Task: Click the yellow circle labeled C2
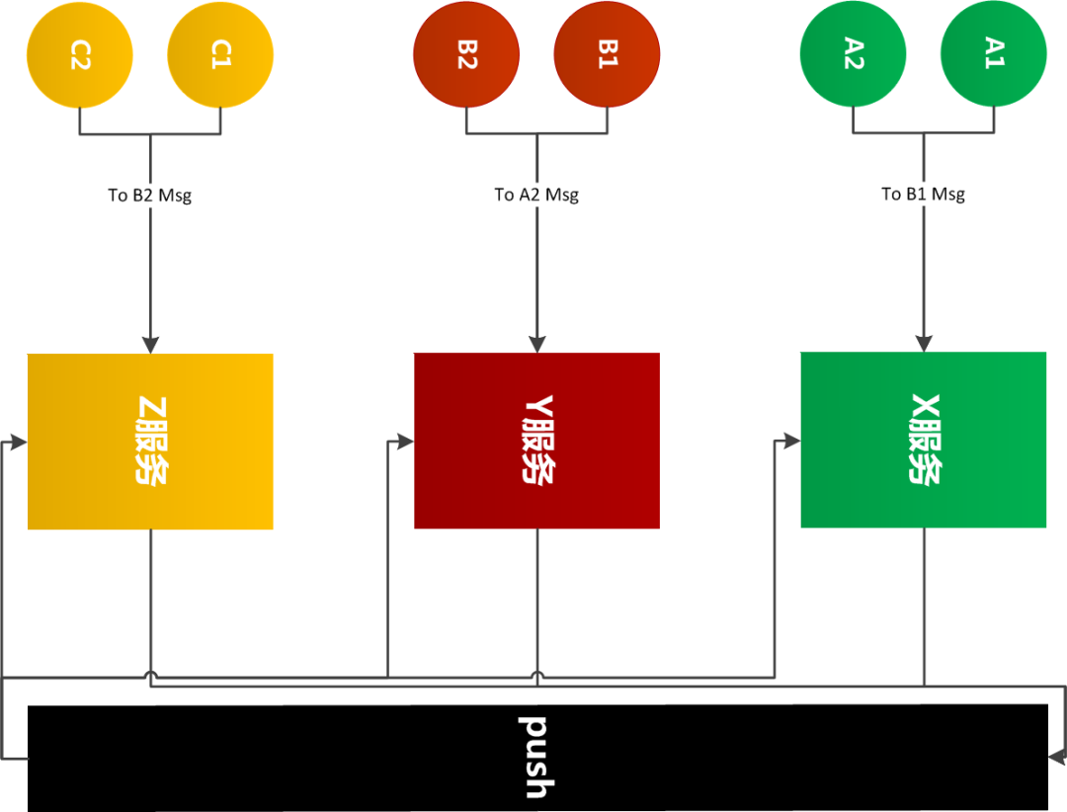pyautogui.click(x=80, y=55)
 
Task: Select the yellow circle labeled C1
pyautogui.click(x=220, y=55)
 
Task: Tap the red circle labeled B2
pyautogui.click(x=466, y=54)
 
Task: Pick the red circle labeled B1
pyautogui.click(x=607, y=54)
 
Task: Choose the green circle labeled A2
pyautogui.click(x=853, y=53)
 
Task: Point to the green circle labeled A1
pyautogui.click(x=994, y=53)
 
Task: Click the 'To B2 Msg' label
pyautogui.click(x=150, y=196)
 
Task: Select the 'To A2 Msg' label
pyautogui.click(x=536, y=195)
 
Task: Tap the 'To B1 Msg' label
pyautogui.click(x=924, y=194)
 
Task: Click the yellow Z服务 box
pyautogui.click(x=150, y=441)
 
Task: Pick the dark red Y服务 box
pyautogui.click(x=536, y=441)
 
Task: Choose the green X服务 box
pyautogui.click(x=924, y=440)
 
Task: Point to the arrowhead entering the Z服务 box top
pyautogui.click(x=150, y=345)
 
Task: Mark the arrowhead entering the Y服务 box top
pyautogui.click(x=537, y=344)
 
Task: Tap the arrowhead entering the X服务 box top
pyautogui.click(x=924, y=343)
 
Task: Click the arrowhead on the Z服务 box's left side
pyautogui.click(x=19, y=443)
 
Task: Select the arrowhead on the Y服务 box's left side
pyautogui.click(x=405, y=442)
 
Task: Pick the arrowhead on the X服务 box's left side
pyautogui.click(x=791, y=441)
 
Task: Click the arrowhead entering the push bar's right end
pyautogui.click(x=1057, y=757)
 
